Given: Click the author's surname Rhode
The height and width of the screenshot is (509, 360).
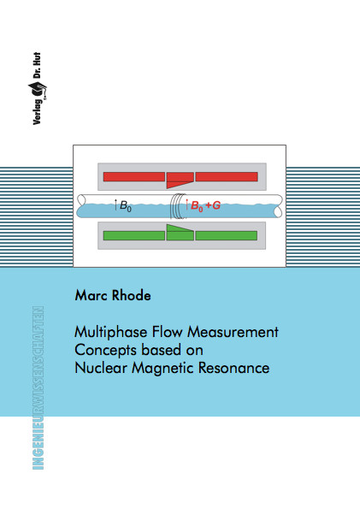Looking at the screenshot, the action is [x=132, y=295].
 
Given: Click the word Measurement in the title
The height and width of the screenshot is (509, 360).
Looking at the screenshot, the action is [x=233, y=332].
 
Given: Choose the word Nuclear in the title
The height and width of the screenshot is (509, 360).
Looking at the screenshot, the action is [x=101, y=368].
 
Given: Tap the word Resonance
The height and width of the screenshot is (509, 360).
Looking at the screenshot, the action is [x=233, y=368].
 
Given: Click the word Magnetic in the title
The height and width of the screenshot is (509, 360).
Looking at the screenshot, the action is [x=162, y=369].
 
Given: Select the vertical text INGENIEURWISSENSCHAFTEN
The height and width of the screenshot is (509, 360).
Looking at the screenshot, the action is [x=38, y=388].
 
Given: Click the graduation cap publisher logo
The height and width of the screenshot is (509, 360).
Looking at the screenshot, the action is [x=37, y=90].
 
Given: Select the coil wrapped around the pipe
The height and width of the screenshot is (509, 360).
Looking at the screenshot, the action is [x=178, y=206].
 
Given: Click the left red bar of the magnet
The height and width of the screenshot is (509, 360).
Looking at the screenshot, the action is [x=134, y=177].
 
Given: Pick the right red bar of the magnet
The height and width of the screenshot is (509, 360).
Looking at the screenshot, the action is [x=227, y=177].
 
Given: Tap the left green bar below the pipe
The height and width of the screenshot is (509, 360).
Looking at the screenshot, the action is [x=134, y=235].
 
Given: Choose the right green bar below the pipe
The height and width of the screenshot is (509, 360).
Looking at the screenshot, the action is [x=227, y=235].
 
